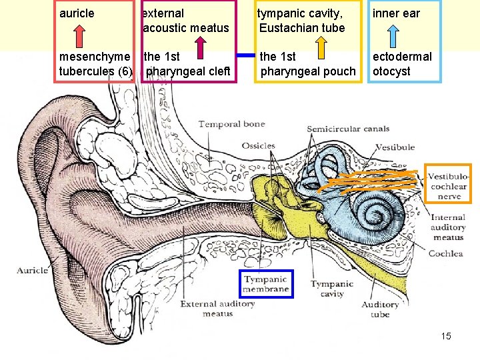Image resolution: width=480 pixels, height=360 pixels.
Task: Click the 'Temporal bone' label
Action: click(231, 124)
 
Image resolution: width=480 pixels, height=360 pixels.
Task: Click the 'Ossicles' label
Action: click(258, 145)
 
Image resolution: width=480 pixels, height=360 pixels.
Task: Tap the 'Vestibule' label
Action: click(395, 147)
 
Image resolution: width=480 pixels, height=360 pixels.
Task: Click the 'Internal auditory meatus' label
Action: click(447, 227)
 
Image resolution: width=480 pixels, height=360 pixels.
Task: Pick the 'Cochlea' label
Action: click(445, 253)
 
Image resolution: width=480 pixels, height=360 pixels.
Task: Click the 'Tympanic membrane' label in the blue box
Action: click(266, 284)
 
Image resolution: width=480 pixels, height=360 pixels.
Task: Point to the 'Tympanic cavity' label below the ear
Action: click(332, 289)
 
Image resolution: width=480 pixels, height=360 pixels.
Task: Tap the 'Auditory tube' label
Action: click(379, 309)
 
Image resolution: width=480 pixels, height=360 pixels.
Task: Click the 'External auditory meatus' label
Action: click(218, 309)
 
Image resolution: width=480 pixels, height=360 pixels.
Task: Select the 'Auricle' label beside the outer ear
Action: click(32, 270)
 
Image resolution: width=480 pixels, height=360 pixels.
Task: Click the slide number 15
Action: click(446, 336)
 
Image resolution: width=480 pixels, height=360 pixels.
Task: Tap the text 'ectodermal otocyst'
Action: click(402, 64)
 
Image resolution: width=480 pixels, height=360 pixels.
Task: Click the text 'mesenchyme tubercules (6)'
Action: click(95, 64)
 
